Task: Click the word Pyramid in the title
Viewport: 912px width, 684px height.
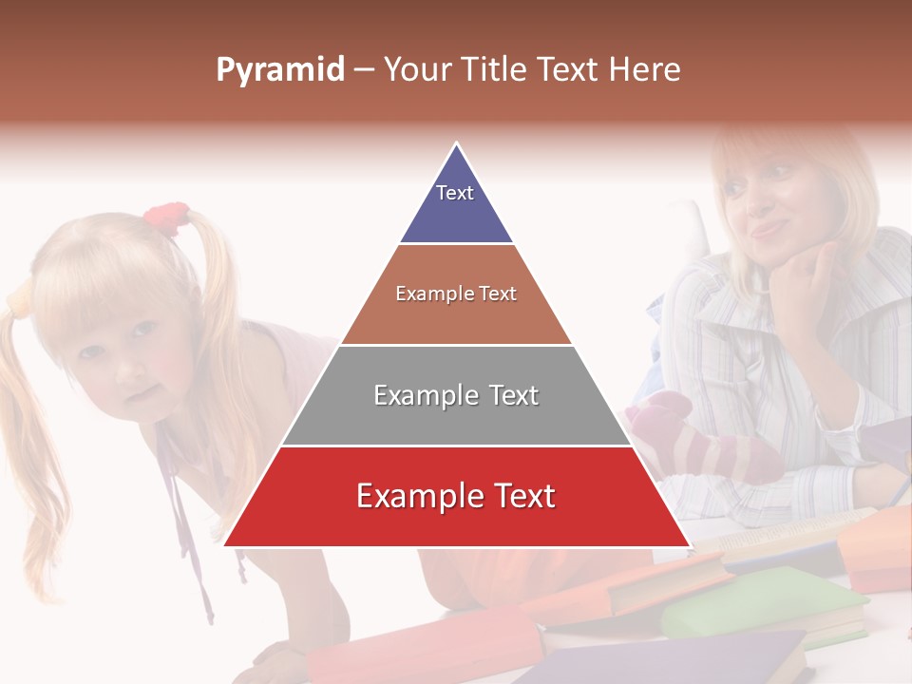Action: point(280,70)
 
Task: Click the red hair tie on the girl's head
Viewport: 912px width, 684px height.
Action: point(165,218)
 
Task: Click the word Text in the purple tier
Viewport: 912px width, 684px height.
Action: point(455,193)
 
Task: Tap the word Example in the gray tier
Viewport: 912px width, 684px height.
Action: point(419,395)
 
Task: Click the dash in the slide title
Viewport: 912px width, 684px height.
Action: point(363,70)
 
